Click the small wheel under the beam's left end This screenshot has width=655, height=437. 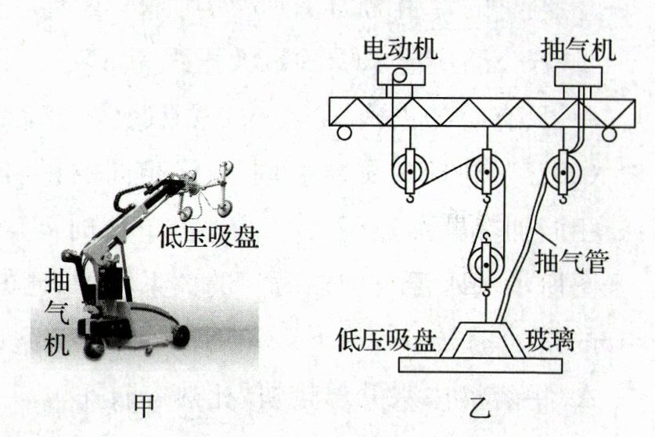(x=344, y=133)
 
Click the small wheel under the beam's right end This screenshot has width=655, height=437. (x=610, y=134)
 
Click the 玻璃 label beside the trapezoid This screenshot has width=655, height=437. (x=548, y=341)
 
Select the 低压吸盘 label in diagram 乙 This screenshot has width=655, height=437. (x=387, y=341)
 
